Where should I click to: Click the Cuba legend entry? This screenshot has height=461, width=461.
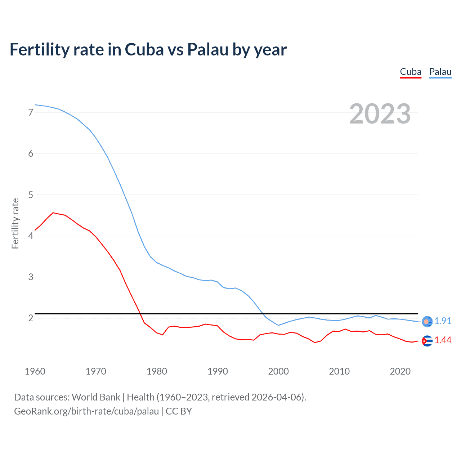(411, 72)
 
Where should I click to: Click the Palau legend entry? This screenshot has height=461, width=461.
(440, 72)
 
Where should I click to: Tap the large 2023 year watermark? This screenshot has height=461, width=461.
(380, 114)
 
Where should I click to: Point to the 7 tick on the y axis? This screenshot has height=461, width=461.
(31, 113)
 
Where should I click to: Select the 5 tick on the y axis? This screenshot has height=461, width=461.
(31, 195)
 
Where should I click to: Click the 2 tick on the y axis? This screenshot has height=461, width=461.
(31, 318)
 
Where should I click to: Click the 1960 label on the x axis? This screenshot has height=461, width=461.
(35, 371)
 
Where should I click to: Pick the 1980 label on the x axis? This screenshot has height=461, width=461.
(157, 371)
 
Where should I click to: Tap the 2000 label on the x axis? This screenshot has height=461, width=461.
(278, 371)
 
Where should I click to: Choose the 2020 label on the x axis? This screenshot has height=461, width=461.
(400, 371)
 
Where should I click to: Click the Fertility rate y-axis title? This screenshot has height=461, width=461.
(15, 223)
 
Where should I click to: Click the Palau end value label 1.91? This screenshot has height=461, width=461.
(443, 321)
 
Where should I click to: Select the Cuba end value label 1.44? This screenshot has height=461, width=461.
(443, 340)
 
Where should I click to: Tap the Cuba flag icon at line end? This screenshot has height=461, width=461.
(427, 341)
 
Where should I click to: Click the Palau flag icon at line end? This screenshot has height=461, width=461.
(427, 322)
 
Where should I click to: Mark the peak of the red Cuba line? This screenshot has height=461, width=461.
(53, 213)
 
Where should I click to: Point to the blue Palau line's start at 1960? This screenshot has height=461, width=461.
(35, 105)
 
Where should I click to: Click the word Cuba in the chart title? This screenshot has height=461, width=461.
(143, 50)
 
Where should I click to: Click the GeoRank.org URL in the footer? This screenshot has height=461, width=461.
(86, 411)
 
